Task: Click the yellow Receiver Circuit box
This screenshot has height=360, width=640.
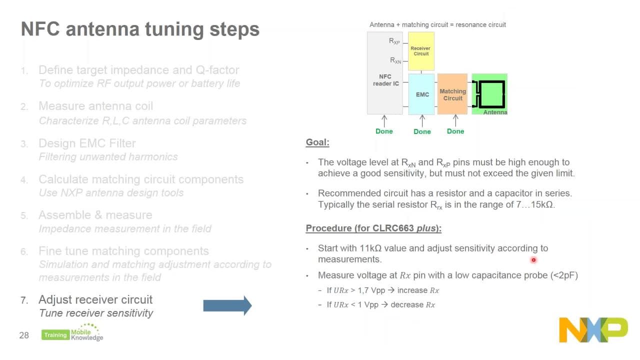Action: (421, 51)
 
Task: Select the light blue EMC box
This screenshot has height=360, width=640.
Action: (422, 94)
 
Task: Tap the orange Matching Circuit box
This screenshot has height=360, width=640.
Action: (452, 94)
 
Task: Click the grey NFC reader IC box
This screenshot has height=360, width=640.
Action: (384, 80)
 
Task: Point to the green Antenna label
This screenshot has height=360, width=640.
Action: (495, 112)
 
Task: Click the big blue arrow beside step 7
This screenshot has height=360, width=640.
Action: (227, 305)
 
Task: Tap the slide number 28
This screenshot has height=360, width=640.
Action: (24, 335)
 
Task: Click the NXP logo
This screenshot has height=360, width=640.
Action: (593, 329)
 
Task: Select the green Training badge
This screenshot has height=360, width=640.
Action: (55, 335)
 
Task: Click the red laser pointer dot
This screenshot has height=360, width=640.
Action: (533, 260)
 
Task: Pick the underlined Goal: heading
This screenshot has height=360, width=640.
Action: (317, 142)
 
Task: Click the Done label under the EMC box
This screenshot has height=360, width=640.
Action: (422, 131)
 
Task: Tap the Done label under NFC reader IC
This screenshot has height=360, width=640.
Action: (384, 131)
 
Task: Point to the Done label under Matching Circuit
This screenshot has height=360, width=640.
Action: (455, 131)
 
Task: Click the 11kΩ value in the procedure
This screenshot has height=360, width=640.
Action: (371, 248)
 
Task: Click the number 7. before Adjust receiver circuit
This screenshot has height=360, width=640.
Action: (24, 300)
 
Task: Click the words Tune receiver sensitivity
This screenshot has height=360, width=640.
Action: (96, 313)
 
